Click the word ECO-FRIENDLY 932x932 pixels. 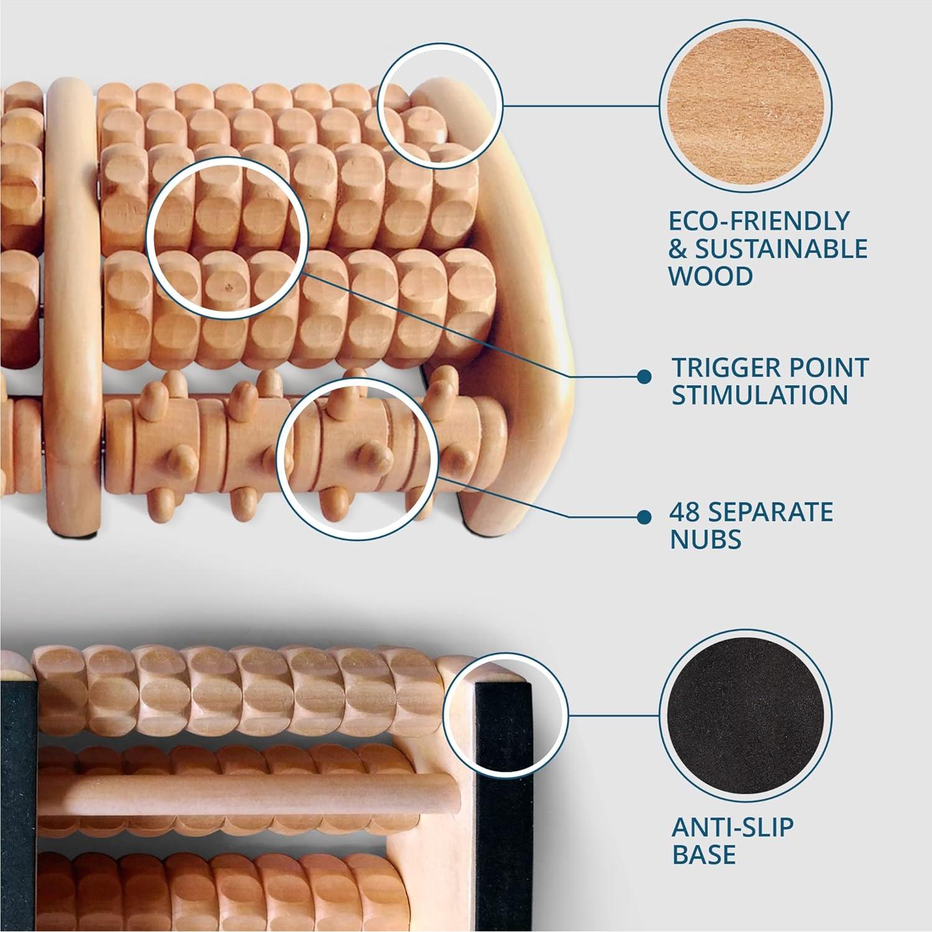759,221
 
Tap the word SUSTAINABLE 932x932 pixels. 781,249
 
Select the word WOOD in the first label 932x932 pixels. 711,276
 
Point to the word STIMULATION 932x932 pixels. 759,395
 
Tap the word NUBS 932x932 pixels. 705,539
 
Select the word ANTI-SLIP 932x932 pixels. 733,828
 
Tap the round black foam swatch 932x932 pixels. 745,715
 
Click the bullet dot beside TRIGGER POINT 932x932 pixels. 644,376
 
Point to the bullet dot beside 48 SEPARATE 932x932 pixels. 644,516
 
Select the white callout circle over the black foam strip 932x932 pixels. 506,715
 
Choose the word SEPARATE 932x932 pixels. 770,512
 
